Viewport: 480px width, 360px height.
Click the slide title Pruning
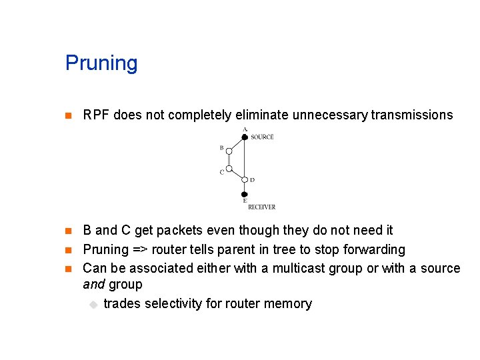point(101,63)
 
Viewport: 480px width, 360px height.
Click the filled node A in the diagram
point(245,137)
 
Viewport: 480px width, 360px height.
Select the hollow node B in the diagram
point(229,152)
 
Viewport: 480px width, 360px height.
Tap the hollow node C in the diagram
point(229,169)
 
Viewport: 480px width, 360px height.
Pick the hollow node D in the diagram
point(245,179)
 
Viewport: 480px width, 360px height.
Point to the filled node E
point(245,194)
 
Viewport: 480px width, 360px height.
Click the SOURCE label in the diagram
point(262,137)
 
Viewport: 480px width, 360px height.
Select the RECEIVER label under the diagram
point(261,207)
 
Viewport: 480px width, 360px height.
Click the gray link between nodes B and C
point(229,160)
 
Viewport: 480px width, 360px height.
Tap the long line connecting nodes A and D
point(245,158)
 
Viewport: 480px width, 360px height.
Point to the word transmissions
point(411,115)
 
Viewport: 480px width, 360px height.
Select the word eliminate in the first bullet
point(262,115)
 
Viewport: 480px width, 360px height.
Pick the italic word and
point(93,285)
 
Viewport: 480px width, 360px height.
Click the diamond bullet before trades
point(94,305)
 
